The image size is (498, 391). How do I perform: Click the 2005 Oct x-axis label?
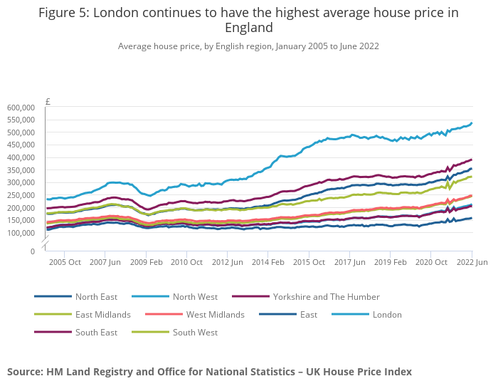click(65, 262)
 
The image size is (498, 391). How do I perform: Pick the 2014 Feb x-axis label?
click(269, 262)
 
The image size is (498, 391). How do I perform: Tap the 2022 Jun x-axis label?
click(472, 262)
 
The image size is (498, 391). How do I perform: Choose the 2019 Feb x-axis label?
click(391, 262)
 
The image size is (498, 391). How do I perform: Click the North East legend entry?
click(96, 296)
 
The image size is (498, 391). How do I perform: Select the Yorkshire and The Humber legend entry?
click(326, 296)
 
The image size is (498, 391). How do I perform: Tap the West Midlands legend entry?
click(215, 315)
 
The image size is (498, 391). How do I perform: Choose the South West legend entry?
click(196, 333)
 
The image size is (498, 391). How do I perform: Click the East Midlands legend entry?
click(102, 315)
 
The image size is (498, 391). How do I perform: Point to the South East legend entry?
click(97, 333)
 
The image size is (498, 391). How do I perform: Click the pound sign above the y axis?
click(48, 102)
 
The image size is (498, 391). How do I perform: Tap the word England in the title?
click(248, 28)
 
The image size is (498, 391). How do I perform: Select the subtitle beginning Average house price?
click(248, 46)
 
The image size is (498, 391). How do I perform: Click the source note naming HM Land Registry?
click(209, 372)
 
